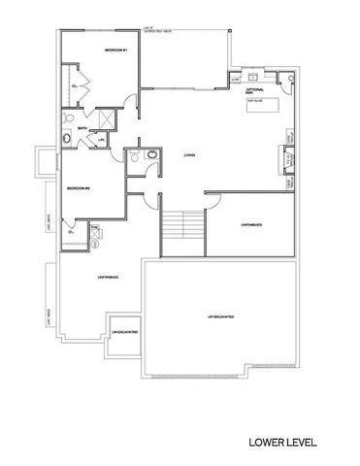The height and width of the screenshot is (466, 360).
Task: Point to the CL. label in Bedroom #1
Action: (75, 86)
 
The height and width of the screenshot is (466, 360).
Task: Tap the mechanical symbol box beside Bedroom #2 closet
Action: (94, 232)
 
